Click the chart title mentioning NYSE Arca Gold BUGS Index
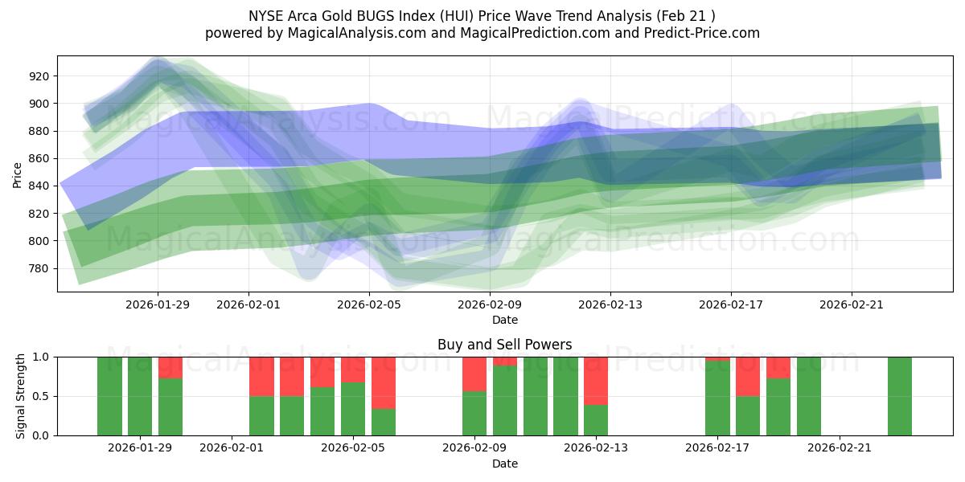pyautogui.click(x=482, y=15)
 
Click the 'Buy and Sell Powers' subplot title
pyautogui.click(x=504, y=345)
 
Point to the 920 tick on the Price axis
pyautogui.click(x=39, y=76)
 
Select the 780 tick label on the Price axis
pyautogui.click(x=39, y=268)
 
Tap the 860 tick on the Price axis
pyautogui.click(x=39, y=159)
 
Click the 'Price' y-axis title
pyautogui.click(x=18, y=174)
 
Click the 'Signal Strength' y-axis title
pyautogui.click(x=21, y=396)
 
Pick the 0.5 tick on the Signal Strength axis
pyautogui.click(x=39, y=396)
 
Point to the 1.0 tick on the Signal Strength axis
pyautogui.click(x=39, y=357)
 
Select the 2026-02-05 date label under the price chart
pyautogui.click(x=369, y=304)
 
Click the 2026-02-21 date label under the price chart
pyautogui.click(x=852, y=304)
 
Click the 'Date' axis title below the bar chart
pyautogui.click(x=504, y=464)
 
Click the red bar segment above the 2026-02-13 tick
pyautogui.click(x=596, y=380)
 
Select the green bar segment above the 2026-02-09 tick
pyautogui.click(x=474, y=413)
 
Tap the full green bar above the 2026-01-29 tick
pyautogui.click(x=140, y=396)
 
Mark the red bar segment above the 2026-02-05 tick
pyautogui.click(x=353, y=369)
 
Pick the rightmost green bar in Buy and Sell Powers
pyautogui.click(x=899, y=396)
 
